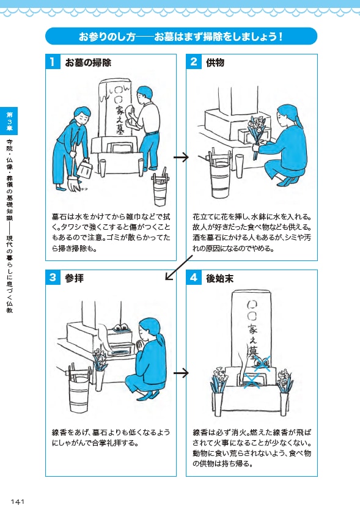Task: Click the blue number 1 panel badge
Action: [x=53, y=62]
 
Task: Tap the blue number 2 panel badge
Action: [x=194, y=62]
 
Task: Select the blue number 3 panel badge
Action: [x=53, y=278]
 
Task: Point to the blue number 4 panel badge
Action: [x=194, y=278]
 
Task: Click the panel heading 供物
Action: [x=215, y=62]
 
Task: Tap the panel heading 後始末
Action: [x=219, y=278]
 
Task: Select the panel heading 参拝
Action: [x=75, y=278]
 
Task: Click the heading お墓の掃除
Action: [x=88, y=62]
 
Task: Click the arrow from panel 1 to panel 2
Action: [x=181, y=157]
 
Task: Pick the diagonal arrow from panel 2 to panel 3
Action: [x=178, y=268]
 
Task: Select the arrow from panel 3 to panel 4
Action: [x=181, y=373]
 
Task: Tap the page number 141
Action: [x=18, y=502]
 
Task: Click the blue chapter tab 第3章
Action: [x=9, y=121]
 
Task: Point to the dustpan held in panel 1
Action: [x=84, y=168]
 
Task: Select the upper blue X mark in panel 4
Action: [x=262, y=363]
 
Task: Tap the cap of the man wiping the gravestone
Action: [x=144, y=92]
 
